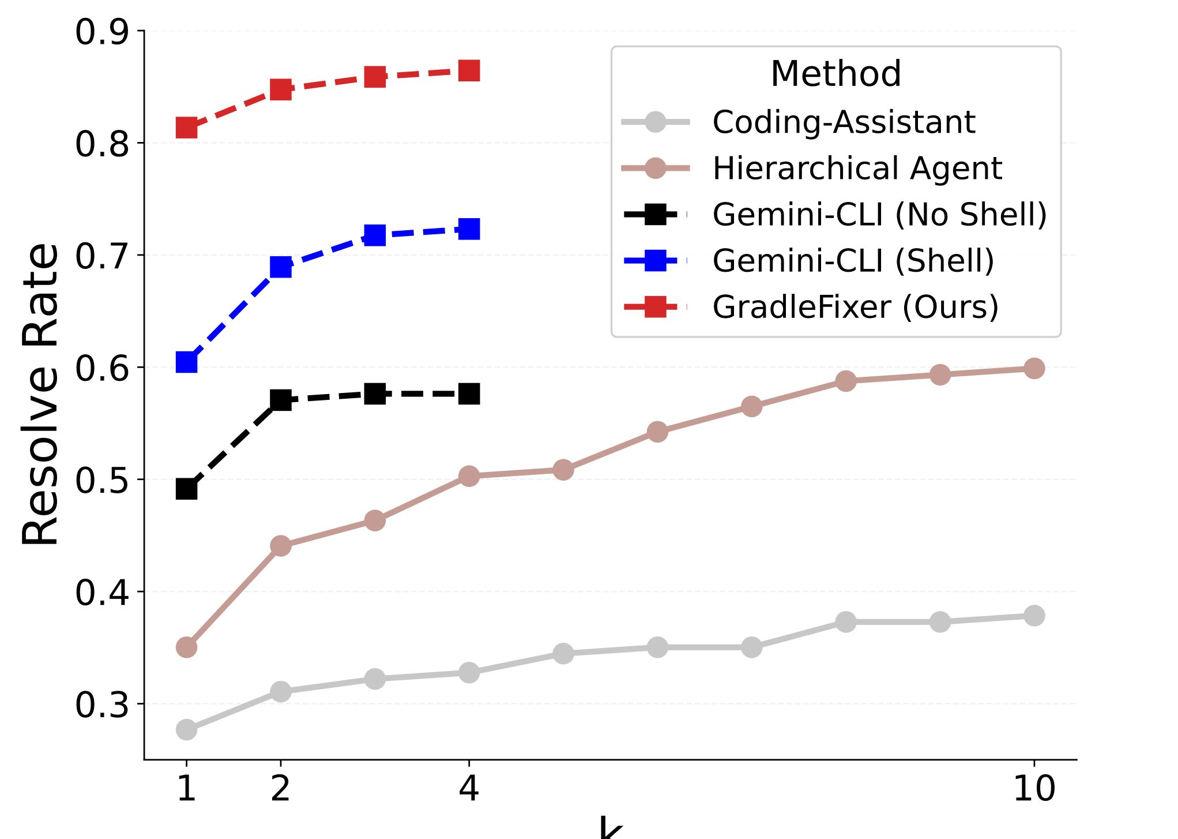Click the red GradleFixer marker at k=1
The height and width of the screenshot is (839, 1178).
tap(186, 127)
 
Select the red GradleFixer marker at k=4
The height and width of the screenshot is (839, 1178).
tap(469, 71)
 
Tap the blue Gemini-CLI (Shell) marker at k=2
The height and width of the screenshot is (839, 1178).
tap(280, 267)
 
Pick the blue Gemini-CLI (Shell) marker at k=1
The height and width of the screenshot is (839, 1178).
tap(186, 362)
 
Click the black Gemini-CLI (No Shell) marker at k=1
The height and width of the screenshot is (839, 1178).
tap(186, 489)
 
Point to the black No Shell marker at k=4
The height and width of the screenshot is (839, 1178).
tap(469, 394)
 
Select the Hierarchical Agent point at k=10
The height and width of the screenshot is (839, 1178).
tap(1034, 368)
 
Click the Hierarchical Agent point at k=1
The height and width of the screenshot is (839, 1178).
tap(186, 647)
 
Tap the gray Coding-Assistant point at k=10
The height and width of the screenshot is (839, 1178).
tap(1034, 615)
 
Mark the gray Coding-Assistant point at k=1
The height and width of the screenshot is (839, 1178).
tap(186, 729)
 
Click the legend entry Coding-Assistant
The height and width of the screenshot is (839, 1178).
tap(844, 122)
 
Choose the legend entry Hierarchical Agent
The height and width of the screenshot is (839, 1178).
tap(857, 168)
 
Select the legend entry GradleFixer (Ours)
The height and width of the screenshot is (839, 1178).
tap(855, 306)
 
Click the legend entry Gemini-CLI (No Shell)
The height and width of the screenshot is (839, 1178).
tap(879, 214)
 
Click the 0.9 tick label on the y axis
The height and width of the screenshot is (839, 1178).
tap(101, 32)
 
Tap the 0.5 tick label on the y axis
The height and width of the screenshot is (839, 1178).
tap(101, 480)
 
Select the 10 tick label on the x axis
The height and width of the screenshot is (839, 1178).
tap(1034, 788)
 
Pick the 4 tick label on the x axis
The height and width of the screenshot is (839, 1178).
tap(469, 788)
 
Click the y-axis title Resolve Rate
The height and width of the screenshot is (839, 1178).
tap(40, 395)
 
